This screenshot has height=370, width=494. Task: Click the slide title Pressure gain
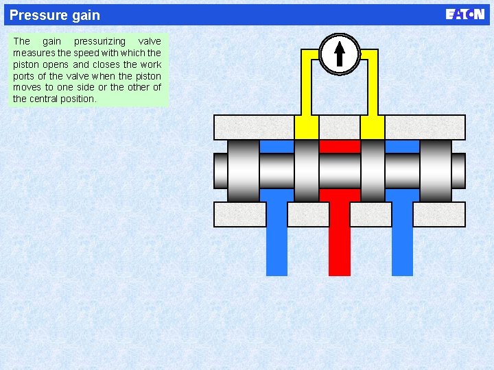(x=55, y=15)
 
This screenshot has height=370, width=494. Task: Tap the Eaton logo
(x=464, y=14)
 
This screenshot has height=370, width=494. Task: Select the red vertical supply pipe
(x=340, y=240)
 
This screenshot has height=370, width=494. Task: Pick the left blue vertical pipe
(x=277, y=240)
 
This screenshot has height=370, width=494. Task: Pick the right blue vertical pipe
(x=402, y=240)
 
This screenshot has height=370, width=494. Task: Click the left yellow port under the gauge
(x=306, y=127)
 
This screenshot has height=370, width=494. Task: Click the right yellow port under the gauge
(x=372, y=127)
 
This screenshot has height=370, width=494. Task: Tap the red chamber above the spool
(x=340, y=146)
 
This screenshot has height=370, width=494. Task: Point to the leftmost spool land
(x=244, y=171)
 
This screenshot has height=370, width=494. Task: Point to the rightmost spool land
(x=436, y=171)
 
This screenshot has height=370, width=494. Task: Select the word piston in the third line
(x=27, y=64)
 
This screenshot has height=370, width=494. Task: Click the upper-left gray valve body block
(x=253, y=127)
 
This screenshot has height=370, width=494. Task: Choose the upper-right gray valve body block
(x=425, y=127)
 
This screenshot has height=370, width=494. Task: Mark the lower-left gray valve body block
(x=239, y=214)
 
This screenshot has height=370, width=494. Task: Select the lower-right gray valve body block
(x=439, y=214)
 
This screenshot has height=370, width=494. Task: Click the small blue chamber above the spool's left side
(x=277, y=146)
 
